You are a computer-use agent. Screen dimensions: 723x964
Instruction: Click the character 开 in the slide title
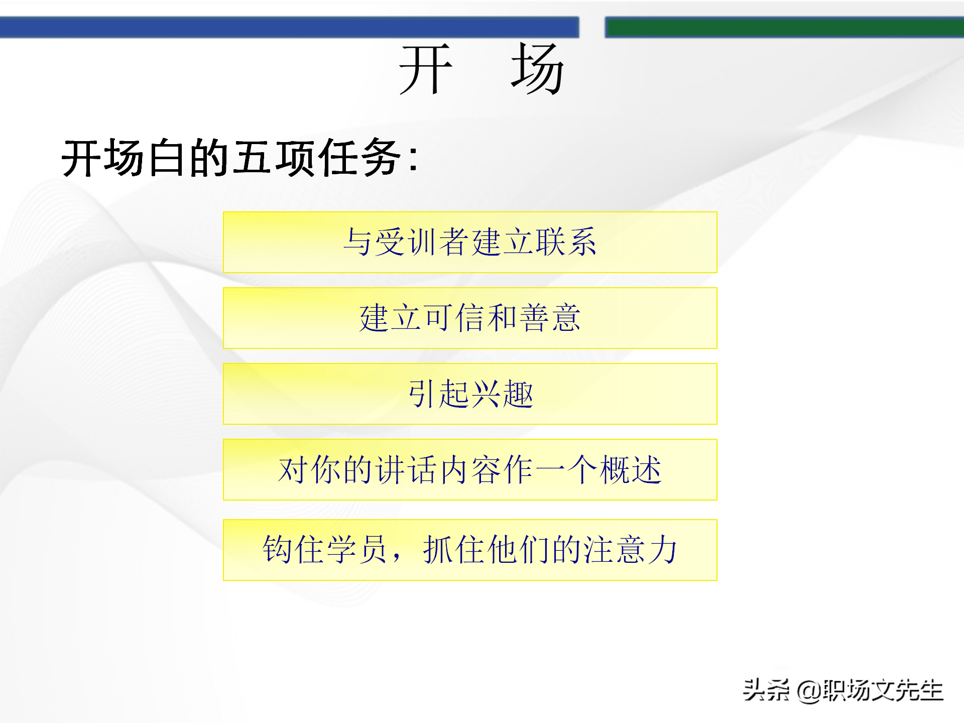pyautogui.click(x=426, y=69)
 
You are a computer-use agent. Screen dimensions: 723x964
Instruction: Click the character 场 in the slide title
pyautogui.click(x=537, y=69)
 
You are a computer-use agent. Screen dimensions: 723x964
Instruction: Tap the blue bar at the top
pyautogui.click(x=289, y=27)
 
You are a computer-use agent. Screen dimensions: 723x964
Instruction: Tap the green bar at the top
pyautogui.click(x=783, y=27)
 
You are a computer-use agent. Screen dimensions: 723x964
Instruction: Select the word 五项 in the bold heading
pyautogui.click(x=274, y=158)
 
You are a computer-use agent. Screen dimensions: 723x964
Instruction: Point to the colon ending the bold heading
pyautogui.click(x=413, y=160)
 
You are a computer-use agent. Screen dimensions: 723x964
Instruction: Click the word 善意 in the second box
pyautogui.click(x=550, y=318)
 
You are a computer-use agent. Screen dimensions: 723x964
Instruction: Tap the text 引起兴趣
pyautogui.click(x=470, y=394)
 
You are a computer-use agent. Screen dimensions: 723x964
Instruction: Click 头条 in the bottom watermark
pyautogui.click(x=766, y=690)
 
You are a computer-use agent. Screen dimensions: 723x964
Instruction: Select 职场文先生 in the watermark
pyautogui.click(x=883, y=690)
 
